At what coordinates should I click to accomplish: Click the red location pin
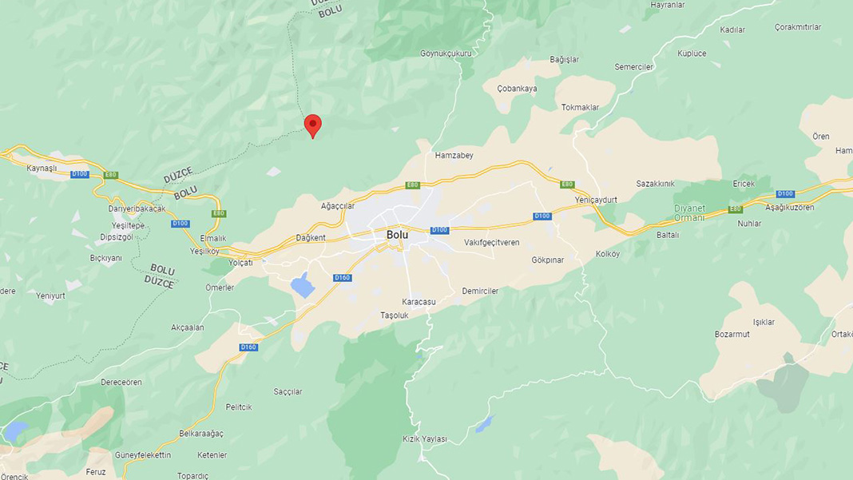(x=313, y=125)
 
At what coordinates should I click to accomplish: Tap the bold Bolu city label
(x=397, y=235)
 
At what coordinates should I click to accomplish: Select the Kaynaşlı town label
(x=42, y=169)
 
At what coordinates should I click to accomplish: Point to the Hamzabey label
(x=454, y=156)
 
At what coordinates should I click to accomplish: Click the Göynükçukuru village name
(x=446, y=54)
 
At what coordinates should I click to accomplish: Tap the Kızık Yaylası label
(x=425, y=439)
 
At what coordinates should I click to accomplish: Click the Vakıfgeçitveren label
(x=491, y=242)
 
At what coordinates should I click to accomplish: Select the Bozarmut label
(x=732, y=334)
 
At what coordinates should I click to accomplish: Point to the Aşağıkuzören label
(x=789, y=208)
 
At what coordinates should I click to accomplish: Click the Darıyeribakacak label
(x=137, y=208)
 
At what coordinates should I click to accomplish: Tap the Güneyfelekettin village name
(x=143, y=455)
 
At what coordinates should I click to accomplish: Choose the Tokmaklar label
(x=580, y=107)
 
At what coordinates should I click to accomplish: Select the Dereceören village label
(x=121, y=382)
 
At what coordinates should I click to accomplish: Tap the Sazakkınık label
(x=655, y=184)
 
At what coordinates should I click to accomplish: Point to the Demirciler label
(x=480, y=292)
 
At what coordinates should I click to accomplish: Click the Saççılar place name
(x=288, y=392)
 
